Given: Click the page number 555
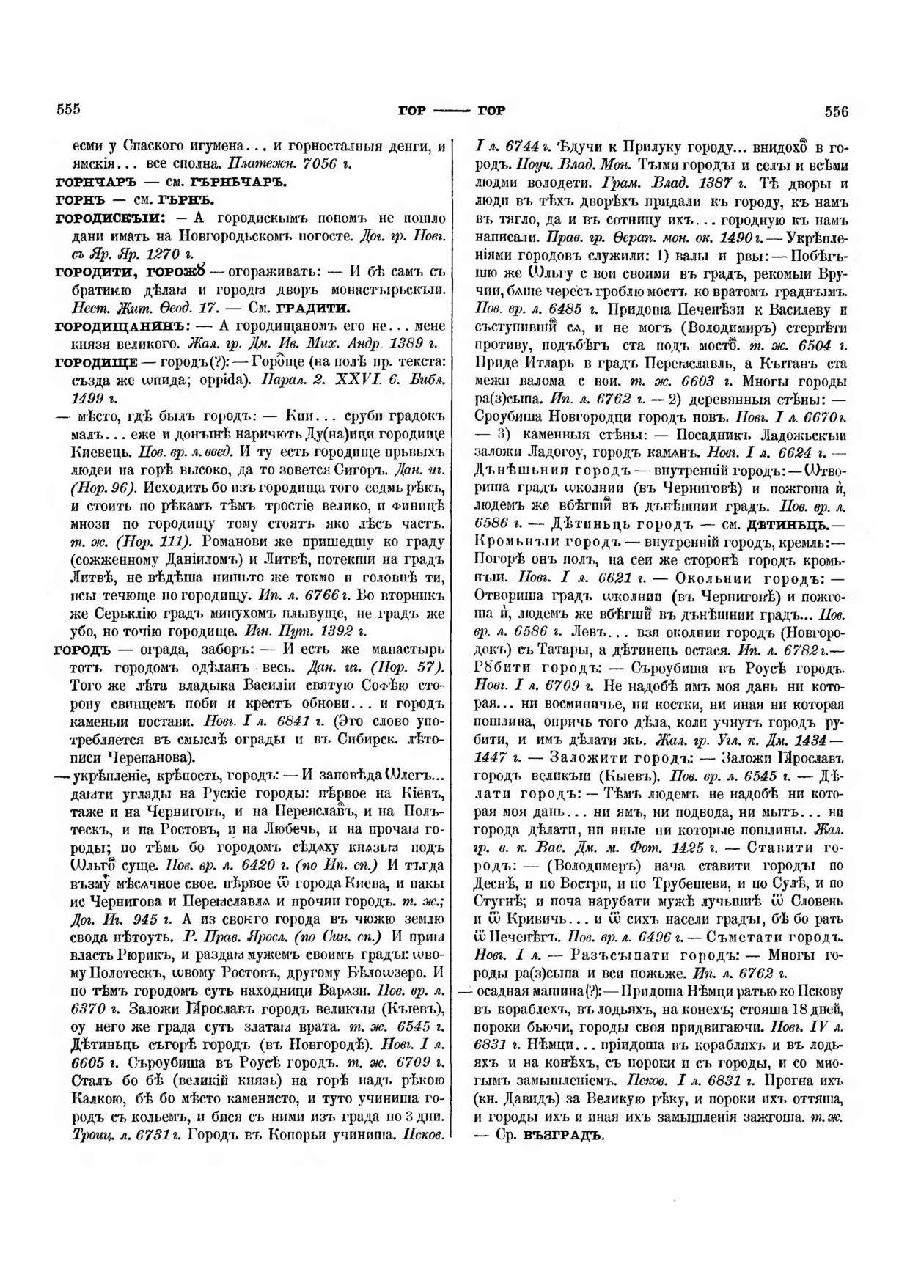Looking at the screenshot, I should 67,110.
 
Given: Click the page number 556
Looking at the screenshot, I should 836,111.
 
